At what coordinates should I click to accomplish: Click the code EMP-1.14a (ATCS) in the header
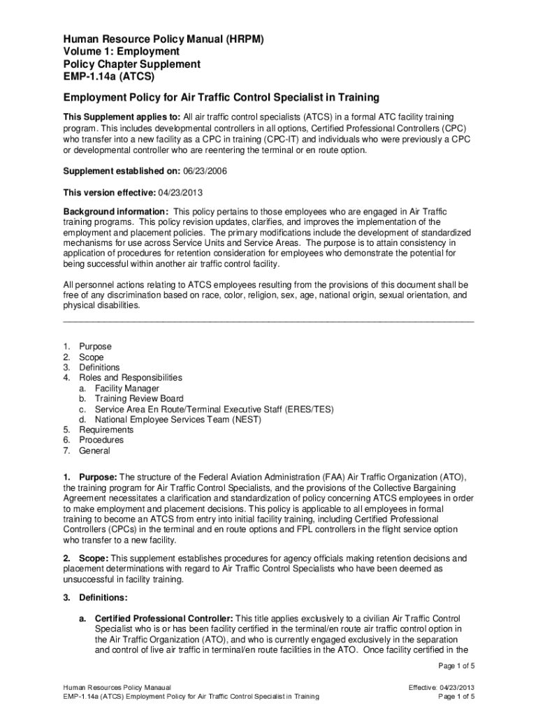coord(109,77)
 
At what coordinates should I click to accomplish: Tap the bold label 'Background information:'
coord(116,212)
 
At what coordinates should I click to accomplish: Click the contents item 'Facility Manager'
coord(127,388)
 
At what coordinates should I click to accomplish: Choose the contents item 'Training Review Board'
coord(139,399)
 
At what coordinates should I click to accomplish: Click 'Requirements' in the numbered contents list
coord(106,430)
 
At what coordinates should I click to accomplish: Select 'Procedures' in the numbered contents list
coord(101,441)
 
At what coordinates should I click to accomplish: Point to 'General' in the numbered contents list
coord(94,451)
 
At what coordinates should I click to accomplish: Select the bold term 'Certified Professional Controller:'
coord(164,619)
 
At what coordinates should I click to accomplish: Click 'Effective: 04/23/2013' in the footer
coord(442,687)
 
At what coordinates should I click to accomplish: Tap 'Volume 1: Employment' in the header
coord(122,52)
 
